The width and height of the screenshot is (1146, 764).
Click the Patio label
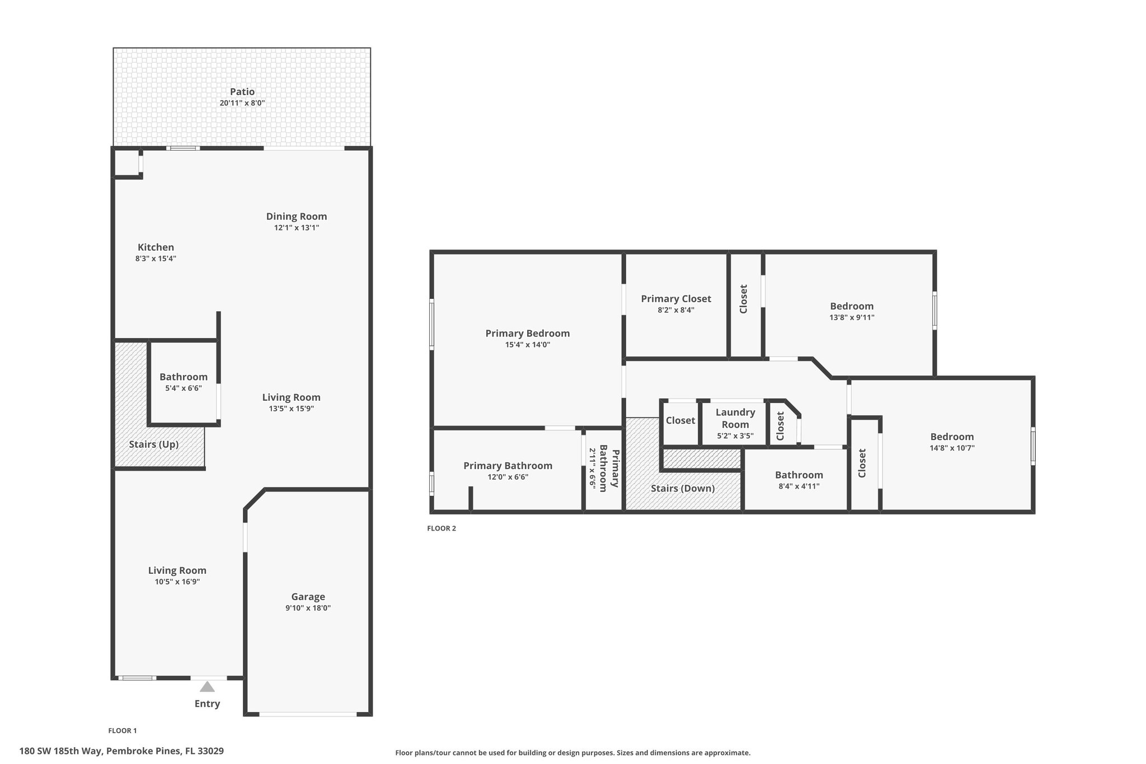[x=242, y=92]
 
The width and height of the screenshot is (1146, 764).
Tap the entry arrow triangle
[x=207, y=686]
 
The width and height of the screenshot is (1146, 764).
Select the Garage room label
[x=308, y=597]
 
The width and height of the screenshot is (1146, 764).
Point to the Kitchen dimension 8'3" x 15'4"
[x=156, y=259]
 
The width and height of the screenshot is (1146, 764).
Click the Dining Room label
[x=297, y=217]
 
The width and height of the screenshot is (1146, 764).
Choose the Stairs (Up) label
[x=154, y=444]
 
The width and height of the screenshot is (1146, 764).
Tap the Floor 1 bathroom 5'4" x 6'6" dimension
[x=184, y=388]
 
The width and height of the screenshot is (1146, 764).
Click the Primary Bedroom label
[x=528, y=334]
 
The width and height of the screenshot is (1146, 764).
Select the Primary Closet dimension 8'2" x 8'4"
[x=676, y=310]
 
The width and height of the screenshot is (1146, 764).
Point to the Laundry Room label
[x=735, y=418]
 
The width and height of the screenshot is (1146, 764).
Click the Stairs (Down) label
[x=683, y=489]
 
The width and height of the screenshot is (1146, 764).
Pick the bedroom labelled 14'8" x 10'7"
[x=952, y=437]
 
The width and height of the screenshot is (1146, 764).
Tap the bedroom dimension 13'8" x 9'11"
[x=852, y=317]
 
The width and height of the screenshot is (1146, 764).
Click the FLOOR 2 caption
[x=442, y=528]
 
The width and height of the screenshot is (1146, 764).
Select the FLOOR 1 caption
[x=122, y=730]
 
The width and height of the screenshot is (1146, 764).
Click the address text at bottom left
[x=121, y=751]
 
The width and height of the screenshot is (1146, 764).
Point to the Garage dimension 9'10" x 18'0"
[x=308, y=608]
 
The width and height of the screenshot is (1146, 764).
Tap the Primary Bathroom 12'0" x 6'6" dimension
[x=508, y=477]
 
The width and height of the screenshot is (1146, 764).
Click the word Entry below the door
[x=207, y=704]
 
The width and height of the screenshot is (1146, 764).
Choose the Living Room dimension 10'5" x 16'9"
[x=177, y=582]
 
